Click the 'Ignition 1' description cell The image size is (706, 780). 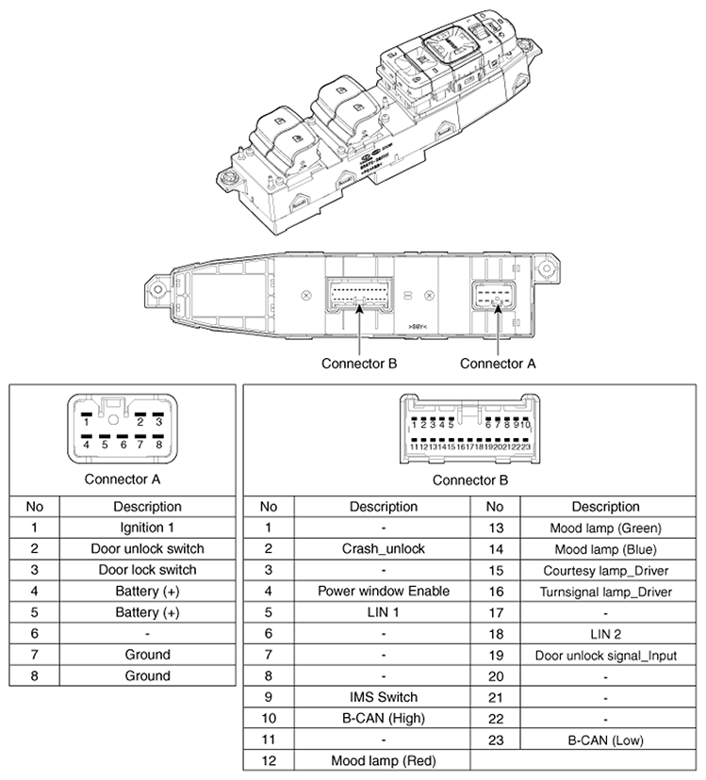(x=147, y=528)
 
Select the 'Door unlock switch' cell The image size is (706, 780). (x=147, y=548)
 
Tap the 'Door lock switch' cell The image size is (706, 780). (x=147, y=569)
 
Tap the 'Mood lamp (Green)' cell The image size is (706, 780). (x=605, y=528)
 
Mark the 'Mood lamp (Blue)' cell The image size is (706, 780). (x=605, y=548)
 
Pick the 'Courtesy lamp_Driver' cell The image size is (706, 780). (x=605, y=570)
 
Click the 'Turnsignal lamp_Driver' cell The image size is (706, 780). (x=605, y=592)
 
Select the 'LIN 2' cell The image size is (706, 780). (x=605, y=634)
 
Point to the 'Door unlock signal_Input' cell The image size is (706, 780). (x=605, y=656)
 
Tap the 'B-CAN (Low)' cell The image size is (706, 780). (x=605, y=740)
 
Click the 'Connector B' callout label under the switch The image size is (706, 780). (x=359, y=363)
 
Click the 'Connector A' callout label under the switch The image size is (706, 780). (x=498, y=363)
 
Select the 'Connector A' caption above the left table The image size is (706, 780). (x=123, y=479)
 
